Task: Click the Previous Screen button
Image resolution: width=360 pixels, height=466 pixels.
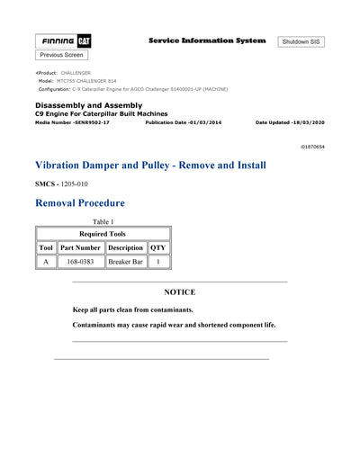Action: click(62, 55)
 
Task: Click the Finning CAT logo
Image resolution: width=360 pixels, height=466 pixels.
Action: click(62, 41)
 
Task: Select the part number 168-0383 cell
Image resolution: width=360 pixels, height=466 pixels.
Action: click(81, 262)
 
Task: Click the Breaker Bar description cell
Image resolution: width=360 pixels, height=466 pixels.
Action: click(125, 262)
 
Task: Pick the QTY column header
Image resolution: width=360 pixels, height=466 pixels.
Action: click(157, 246)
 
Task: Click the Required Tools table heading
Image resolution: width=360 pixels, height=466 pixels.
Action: click(103, 233)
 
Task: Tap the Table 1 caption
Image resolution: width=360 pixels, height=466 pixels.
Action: click(103, 221)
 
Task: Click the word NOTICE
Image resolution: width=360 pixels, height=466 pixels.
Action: click(179, 292)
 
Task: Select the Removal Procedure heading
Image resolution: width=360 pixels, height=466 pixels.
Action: click(79, 203)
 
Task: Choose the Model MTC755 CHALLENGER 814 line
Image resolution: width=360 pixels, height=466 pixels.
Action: click(77, 81)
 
